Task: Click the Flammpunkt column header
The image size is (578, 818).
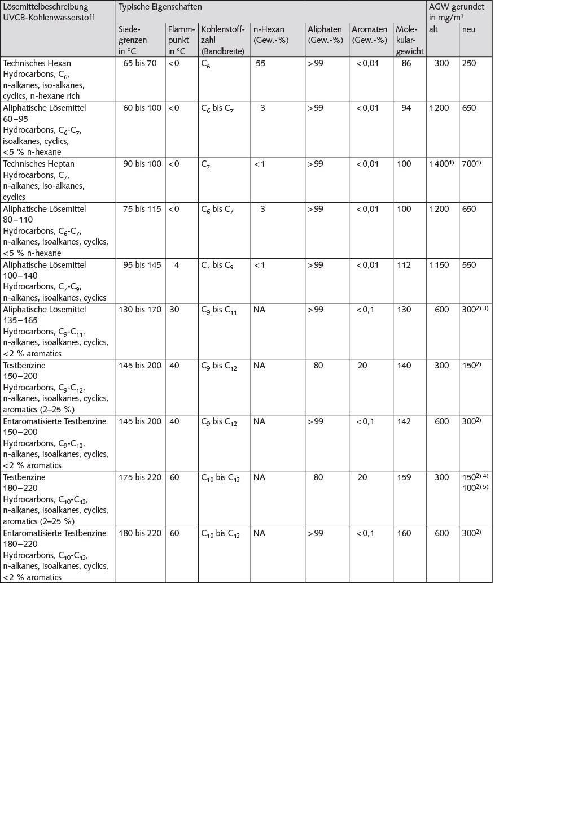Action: (x=181, y=40)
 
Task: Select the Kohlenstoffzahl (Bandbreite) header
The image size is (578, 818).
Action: (x=223, y=40)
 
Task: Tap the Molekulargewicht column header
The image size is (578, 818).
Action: (x=409, y=40)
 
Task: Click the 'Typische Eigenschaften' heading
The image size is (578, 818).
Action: (x=160, y=7)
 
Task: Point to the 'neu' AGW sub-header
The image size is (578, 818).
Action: (x=468, y=29)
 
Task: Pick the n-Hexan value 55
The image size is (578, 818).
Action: (x=260, y=63)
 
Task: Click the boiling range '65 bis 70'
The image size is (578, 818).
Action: (x=140, y=63)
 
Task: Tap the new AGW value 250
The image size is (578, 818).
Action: (x=469, y=63)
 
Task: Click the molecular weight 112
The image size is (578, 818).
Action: (x=404, y=265)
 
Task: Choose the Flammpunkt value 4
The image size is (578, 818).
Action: (x=177, y=265)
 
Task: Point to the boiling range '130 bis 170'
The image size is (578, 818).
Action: (x=140, y=310)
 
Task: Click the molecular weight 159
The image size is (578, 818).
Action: (x=404, y=477)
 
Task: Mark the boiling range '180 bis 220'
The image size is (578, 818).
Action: (x=140, y=533)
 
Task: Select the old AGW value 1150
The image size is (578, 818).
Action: (x=441, y=265)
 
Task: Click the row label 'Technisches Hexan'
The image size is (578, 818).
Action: (x=37, y=63)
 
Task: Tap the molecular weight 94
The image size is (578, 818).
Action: (x=406, y=108)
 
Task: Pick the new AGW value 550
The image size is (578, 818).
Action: (x=469, y=265)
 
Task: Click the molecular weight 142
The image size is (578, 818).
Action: (x=404, y=421)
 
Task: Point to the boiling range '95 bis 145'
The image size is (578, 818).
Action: (x=140, y=265)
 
